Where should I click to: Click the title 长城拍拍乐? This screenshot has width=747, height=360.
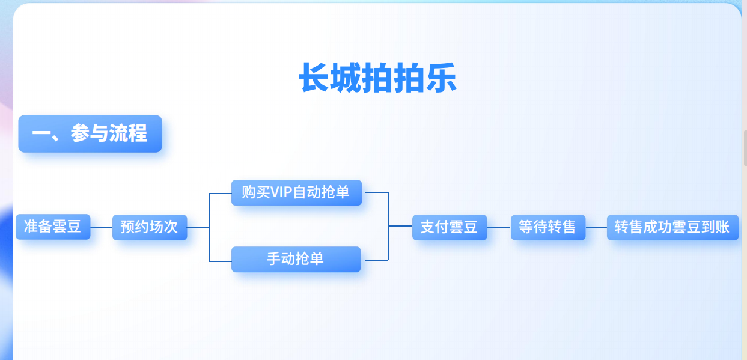[x=377, y=78]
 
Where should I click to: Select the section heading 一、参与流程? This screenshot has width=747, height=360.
[x=90, y=133]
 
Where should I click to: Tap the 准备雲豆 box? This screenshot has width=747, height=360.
[x=53, y=227]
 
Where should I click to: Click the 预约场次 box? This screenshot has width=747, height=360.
[x=150, y=227]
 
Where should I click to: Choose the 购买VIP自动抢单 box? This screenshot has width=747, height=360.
[x=296, y=192]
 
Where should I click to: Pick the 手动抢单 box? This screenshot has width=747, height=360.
[x=296, y=259]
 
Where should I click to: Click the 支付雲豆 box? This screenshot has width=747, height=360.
[x=449, y=227]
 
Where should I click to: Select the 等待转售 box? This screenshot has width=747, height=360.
[x=547, y=227]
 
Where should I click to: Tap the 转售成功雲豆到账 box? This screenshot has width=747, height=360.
[x=672, y=227]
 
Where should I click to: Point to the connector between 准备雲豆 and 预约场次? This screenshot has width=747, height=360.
[x=101, y=227]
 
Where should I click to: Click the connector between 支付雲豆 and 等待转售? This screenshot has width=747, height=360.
[x=498, y=228]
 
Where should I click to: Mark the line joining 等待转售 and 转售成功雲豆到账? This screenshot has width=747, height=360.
[x=596, y=228]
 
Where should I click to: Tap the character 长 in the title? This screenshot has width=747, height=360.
[x=314, y=78]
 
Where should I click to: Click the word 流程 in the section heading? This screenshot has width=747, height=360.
[x=128, y=133]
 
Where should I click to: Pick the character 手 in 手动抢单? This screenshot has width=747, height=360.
[x=274, y=259]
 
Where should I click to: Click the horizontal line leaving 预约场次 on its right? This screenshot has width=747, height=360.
[x=198, y=228]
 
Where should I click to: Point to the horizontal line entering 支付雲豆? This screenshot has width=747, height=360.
[x=400, y=226]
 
